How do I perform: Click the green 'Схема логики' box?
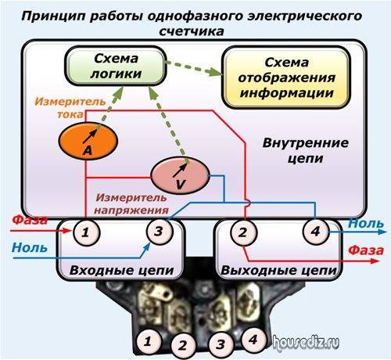pos(116,66)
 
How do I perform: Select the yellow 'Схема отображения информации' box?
pos(286,77)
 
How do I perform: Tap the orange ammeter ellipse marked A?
pos(88,141)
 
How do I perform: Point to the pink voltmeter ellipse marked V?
pos(181,175)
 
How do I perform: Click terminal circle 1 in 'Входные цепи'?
pos(86,232)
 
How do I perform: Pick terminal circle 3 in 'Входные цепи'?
pos(160,231)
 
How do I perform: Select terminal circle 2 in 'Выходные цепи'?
pos(244,232)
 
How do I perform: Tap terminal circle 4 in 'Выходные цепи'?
pos(316,231)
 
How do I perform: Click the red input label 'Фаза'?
pos(30,220)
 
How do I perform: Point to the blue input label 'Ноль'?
pos(30,247)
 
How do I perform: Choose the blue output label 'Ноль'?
pos(366,223)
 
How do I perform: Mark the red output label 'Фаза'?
pos(366,250)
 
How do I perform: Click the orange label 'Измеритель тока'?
pos(70,107)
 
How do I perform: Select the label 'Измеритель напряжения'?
pos(131,203)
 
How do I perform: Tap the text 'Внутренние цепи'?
pos(305,150)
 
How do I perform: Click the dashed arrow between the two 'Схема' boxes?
pos(194,68)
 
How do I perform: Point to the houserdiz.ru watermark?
pos(307,342)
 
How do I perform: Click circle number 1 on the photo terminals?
pos(148,341)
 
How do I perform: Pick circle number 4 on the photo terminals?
pos(253,340)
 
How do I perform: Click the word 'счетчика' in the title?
pos(192,31)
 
